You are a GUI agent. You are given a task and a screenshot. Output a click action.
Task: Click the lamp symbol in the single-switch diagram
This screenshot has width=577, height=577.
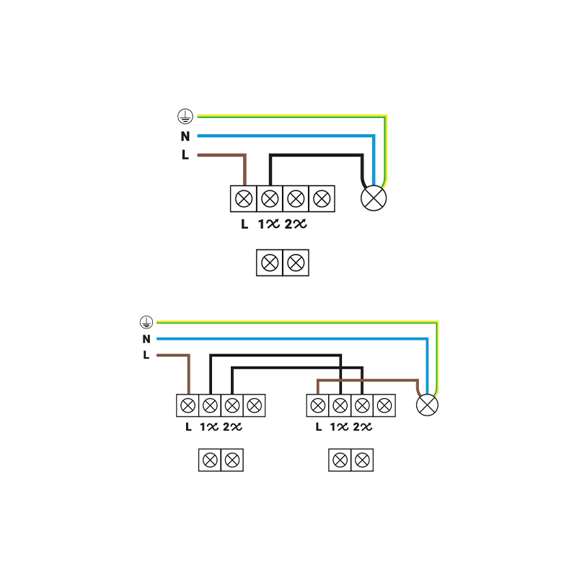coord(374,198)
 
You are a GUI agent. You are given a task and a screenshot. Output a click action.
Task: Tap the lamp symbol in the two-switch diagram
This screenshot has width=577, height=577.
coord(428,405)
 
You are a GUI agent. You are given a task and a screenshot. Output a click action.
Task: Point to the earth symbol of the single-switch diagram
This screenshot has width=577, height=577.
coord(185,115)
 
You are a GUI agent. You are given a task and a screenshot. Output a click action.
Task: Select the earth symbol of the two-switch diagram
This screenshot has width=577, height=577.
coord(146,322)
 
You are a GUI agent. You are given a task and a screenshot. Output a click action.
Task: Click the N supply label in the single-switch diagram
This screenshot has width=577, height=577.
coord(185,136)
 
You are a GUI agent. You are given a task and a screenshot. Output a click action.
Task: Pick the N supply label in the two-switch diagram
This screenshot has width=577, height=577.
coord(146,339)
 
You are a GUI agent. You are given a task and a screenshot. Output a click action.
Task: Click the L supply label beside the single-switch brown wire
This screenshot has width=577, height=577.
coord(185,154)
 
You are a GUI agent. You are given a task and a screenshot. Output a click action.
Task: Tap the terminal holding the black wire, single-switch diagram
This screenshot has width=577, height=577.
coord(270,198)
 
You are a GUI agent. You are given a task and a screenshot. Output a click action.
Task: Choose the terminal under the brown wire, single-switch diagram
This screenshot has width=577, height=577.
coord(245,198)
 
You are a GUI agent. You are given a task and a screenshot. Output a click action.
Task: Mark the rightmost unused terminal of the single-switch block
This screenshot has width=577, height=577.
coord(321,198)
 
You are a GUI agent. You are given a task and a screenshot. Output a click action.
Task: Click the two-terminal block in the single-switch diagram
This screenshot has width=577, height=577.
coord(282,262)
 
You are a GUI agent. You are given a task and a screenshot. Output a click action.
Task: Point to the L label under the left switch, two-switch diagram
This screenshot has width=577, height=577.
coord(188,427)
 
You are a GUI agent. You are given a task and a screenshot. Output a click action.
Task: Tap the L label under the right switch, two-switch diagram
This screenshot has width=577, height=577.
coord(318,427)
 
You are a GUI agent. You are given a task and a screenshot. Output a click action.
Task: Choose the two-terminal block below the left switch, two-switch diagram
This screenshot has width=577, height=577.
coord(221,459)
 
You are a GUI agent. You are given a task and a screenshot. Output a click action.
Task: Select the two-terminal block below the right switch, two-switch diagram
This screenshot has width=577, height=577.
coord(351,459)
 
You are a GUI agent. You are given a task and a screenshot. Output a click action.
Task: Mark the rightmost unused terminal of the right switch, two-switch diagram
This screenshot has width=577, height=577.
coord(384,405)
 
